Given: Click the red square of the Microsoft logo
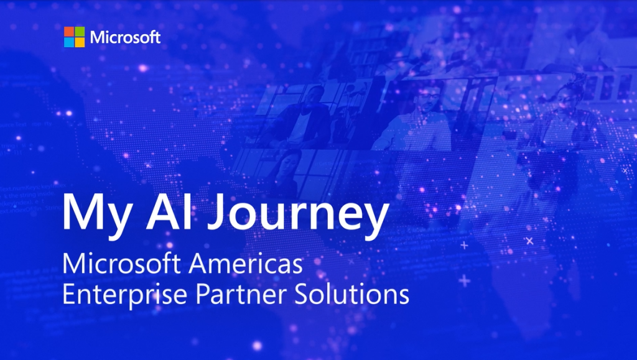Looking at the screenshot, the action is pyautogui.click(x=69, y=32).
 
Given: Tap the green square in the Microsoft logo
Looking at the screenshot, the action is pyautogui.click(x=80, y=32).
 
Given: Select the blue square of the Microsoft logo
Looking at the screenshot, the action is pyautogui.click(x=69, y=42).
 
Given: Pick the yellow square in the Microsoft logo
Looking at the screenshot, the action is pyautogui.click(x=80, y=42).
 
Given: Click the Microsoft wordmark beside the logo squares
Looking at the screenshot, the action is pyautogui.click(x=125, y=37).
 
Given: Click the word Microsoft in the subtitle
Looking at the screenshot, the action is pyautogui.click(x=121, y=264).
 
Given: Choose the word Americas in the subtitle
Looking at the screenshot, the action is pyautogui.click(x=245, y=264).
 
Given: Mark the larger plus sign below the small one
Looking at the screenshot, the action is pyautogui.click(x=464, y=280).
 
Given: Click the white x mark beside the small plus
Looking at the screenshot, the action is pyautogui.click(x=529, y=241).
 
